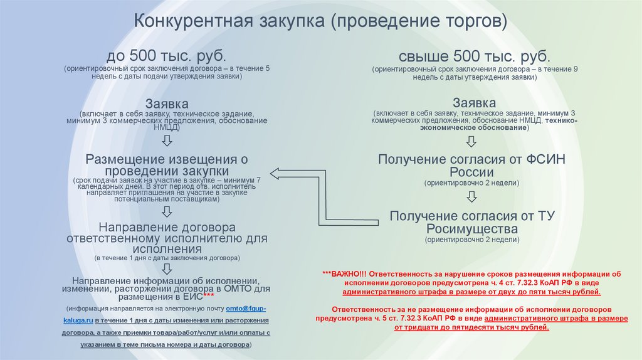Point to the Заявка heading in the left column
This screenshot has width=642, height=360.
tap(167, 102)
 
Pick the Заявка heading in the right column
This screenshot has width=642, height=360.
tap(475, 102)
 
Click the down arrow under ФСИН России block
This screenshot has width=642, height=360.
tap(472, 198)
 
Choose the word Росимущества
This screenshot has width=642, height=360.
tap(472, 228)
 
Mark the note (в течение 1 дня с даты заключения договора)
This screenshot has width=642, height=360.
tap(167, 258)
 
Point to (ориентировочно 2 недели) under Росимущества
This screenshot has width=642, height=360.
tap(472, 240)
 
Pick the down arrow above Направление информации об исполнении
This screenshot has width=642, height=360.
tap(167, 268)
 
